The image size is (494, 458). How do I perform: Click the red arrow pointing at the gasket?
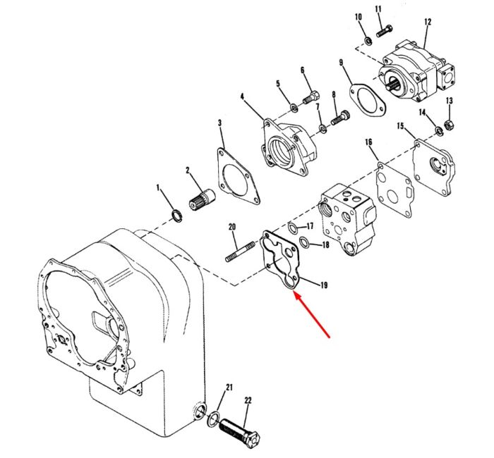(312, 314)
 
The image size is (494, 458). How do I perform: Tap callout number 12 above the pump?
(428, 22)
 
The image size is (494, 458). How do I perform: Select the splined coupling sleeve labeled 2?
(203, 200)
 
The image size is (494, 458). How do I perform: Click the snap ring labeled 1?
(176, 216)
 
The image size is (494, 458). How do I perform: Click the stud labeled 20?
(240, 252)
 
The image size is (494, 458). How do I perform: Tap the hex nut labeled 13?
(449, 125)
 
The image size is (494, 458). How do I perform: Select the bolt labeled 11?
(384, 31)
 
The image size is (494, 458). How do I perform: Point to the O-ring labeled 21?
(214, 419)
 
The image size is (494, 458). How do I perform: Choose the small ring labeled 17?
(293, 228)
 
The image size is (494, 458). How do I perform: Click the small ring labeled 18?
(304, 242)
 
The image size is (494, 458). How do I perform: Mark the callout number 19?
(323, 285)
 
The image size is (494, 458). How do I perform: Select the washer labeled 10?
(368, 41)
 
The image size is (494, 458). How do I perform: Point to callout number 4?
(242, 97)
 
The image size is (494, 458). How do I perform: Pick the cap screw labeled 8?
(339, 118)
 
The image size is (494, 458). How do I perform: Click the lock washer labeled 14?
(438, 130)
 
